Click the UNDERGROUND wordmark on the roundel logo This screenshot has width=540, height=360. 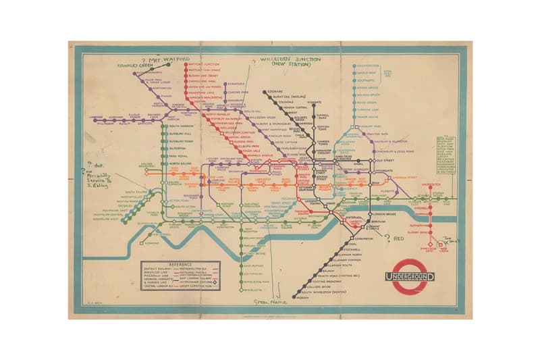point(409,276)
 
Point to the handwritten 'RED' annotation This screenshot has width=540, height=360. point(398,238)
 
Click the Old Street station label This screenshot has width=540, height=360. point(385,161)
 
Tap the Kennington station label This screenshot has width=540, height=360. point(362,239)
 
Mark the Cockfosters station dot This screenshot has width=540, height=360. point(351,66)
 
